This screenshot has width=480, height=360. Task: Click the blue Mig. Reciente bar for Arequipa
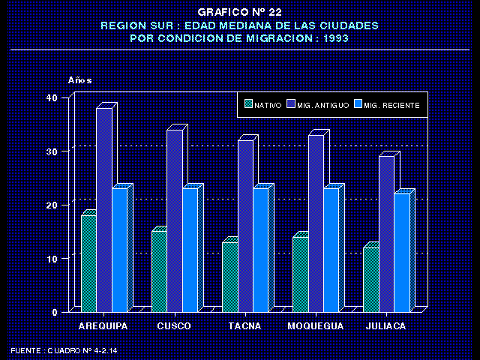tap(119, 249)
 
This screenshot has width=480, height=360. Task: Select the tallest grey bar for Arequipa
tap(103, 210)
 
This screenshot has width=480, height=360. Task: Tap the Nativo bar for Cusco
tap(159, 271)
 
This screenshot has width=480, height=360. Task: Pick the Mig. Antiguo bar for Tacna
tap(244, 225)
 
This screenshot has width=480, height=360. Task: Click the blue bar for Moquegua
tap(331, 249)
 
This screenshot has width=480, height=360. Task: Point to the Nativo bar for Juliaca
tap(370, 279)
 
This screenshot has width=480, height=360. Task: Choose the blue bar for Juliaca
tap(401, 252)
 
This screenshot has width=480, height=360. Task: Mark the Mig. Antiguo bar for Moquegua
tap(315, 223)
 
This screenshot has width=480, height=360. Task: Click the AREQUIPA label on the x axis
tap(103, 326)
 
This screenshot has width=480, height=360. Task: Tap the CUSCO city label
tap(174, 326)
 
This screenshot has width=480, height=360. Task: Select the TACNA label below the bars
tap(244, 326)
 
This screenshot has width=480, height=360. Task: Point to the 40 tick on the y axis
tap(52, 97)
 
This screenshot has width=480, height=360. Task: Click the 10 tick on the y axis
tap(52, 258)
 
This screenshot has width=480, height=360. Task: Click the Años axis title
tap(79, 79)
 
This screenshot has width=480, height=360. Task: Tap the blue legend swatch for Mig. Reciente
tap(357, 105)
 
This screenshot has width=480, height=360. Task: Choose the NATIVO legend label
tap(268, 106)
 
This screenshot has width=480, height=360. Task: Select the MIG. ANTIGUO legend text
tap(322, 106)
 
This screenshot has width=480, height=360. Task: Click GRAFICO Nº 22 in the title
tap(239, 12)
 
